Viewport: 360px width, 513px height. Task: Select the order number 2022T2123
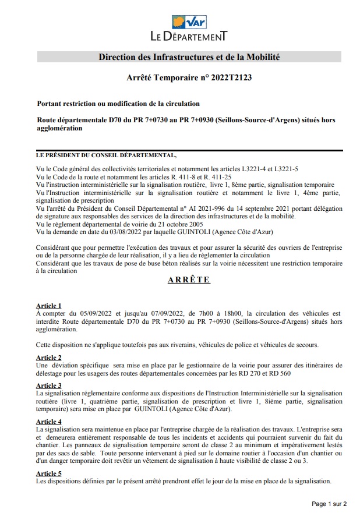pyautogui.click(x=231, y=76)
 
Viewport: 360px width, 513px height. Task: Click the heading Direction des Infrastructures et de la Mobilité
pyautogui.click(x=189, y=57)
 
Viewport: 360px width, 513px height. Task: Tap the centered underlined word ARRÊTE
pyautogui.click(x=189, y=280)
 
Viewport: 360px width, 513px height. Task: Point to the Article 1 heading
pyautogui.click(x=48, y=306)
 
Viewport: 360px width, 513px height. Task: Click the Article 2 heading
pyautogui.click(x=48, y=358)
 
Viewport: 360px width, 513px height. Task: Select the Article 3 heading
pyautogui.click(x=48, y=386)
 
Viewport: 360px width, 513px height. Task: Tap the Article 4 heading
pyautogui.click(x=48, y=422)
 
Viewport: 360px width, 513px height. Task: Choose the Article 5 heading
pyautogui.click(x=48, y=474)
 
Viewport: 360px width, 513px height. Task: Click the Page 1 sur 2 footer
pyautogui.click(x=329, y=503)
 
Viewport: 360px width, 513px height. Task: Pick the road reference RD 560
pyautogui.click(x=278, y=373)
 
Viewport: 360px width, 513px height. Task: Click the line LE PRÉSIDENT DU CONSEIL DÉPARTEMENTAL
pyautogui.click(x=105, y=156)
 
